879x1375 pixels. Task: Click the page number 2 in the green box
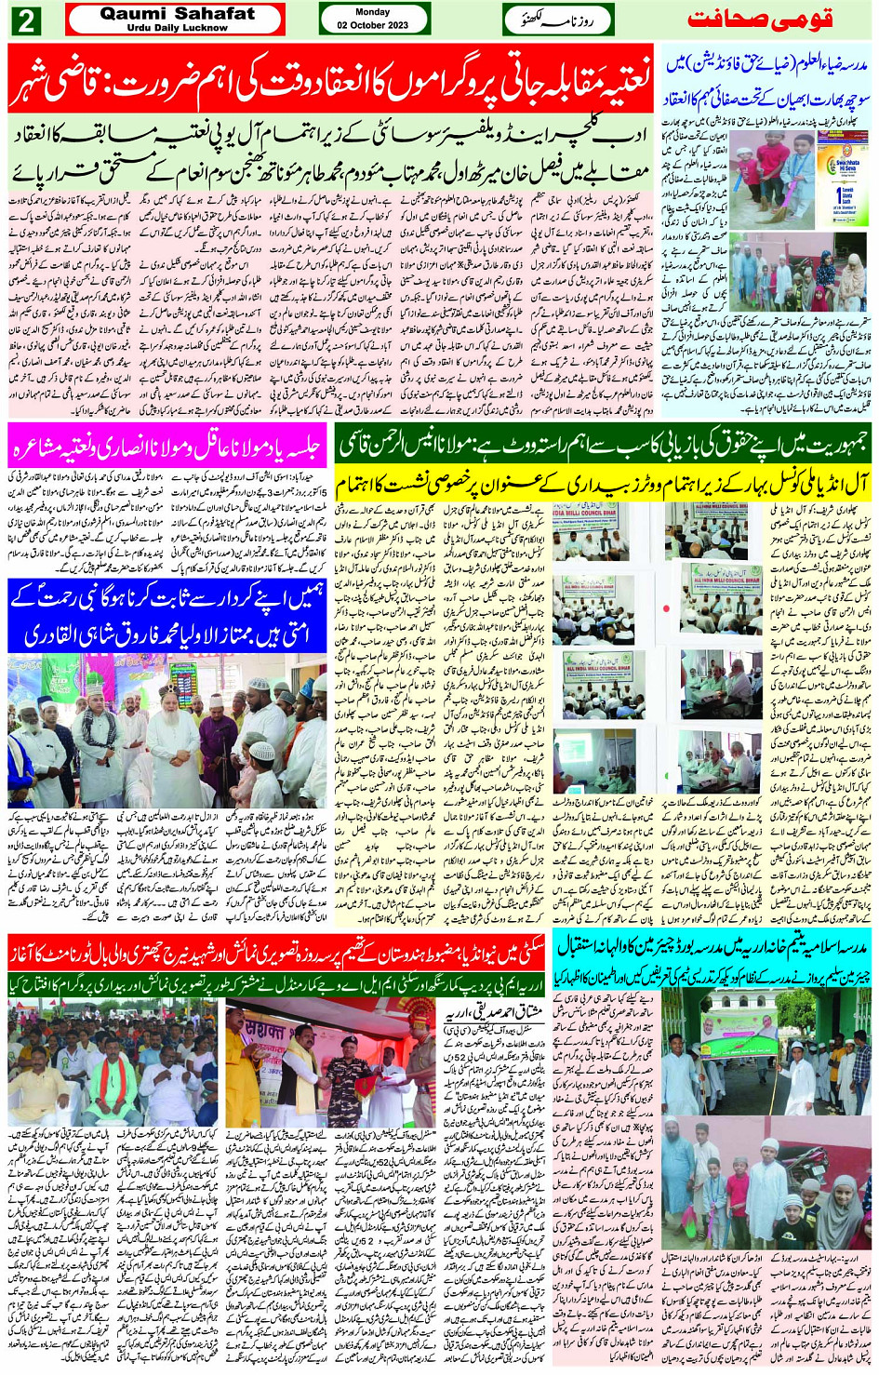[x=25, y=20]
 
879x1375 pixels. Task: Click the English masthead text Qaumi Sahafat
[x=177, y=14]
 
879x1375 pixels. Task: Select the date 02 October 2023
[x=373, y=25]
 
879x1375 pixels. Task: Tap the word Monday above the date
[x=373, y=12]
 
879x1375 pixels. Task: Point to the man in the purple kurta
[x=216, y=735]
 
